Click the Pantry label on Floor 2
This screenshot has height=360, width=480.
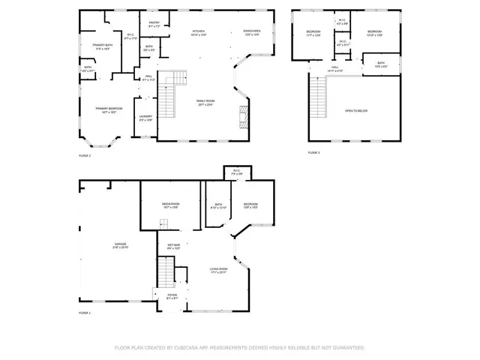[154, 23]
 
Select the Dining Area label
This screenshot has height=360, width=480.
[251, 32]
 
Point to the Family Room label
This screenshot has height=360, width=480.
[205, 102]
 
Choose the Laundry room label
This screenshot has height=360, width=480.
[145, 117]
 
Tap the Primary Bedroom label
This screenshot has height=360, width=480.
[109, 109]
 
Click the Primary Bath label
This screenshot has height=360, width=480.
[93, 46]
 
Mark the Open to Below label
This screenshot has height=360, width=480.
[355, 110]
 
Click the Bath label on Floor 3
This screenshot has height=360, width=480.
[380, 64]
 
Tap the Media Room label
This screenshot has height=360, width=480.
[171, 205]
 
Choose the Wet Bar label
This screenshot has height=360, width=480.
[172, 245]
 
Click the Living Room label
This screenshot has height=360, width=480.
[218, 269]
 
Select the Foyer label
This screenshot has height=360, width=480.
[172, 296]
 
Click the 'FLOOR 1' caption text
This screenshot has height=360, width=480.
[85, 313]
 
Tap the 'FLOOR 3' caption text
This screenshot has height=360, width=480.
[313, 153]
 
